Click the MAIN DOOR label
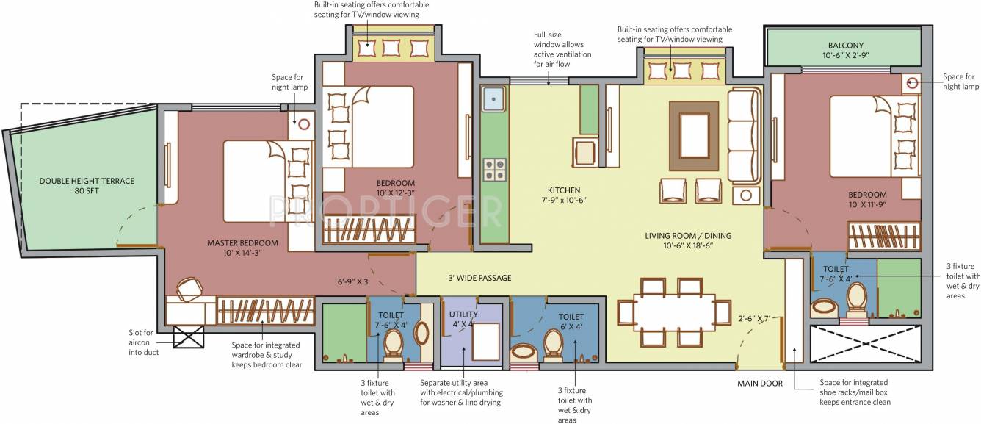click(760, 383)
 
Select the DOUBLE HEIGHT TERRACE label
click(87, 180)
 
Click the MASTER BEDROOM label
click(242, 243)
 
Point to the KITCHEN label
click(563, 190)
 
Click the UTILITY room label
click(463, 314)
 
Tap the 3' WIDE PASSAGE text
click(479, 278)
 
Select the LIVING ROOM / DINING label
click(688, 236)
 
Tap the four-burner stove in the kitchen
click(494, 170)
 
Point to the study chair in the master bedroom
click(189, 289)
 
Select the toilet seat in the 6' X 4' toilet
click(552, 342)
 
